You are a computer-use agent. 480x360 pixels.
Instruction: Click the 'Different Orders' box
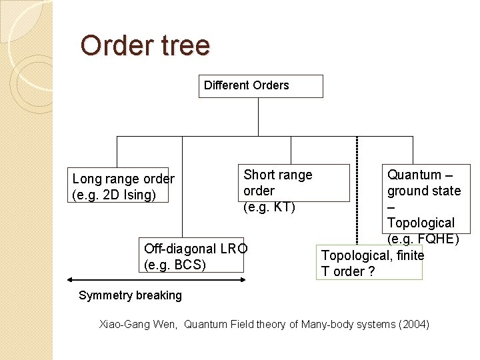(x=260, y=86)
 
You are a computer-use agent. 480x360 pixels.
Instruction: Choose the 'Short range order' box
(x=295, y=183)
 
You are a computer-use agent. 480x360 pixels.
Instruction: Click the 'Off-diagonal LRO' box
(x=192, y=255)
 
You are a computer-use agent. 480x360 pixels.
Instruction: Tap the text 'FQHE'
(x=438, y=239)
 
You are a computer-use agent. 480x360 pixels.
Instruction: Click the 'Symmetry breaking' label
(x=130, y=295)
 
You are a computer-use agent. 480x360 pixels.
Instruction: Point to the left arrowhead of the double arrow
(x=69, y=280)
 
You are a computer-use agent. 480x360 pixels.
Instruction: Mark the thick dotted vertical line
(x=357, y=193)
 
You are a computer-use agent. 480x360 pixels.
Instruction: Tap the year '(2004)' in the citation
(x=414, y=325)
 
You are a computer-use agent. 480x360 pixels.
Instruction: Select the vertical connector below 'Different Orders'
(x=258, y=117)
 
